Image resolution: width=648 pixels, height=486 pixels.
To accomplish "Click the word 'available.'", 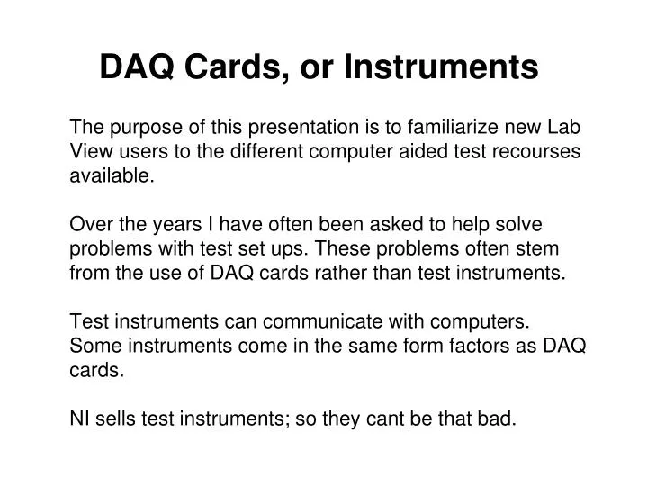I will pyautogui.click(x=112, y=175).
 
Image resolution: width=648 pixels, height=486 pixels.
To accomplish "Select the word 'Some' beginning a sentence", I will pyautogui.click(x=93, y=346).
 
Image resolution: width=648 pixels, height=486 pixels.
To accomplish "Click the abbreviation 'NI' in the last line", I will pyautogui.click(x=79, y=418).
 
